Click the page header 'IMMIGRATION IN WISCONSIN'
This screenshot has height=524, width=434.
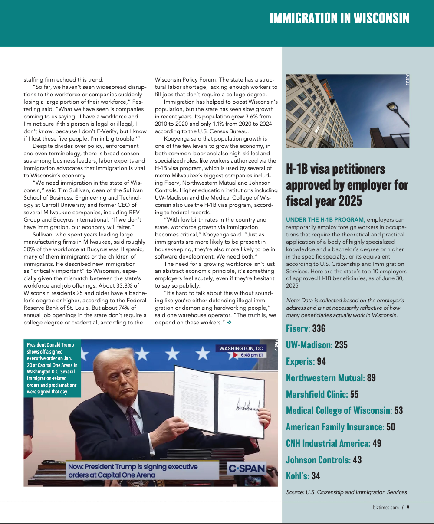(339, 18)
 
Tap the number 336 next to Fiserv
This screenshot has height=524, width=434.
(319, 329)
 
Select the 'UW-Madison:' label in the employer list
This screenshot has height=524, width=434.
(309, 345)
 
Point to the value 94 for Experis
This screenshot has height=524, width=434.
(321, 362)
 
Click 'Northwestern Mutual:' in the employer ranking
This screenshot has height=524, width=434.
(325, 378)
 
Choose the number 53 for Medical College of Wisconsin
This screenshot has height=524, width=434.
(398, 410)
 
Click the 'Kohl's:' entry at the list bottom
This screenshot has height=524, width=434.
(297, 476)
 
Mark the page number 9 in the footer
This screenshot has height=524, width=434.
(408, 508)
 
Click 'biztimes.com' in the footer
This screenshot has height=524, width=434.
(385, 508)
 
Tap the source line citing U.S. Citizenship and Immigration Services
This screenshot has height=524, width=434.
(346, 492)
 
